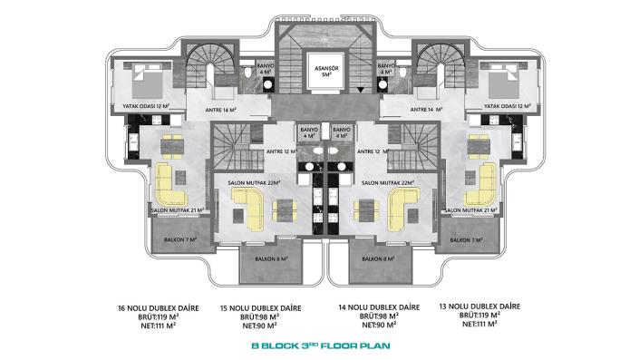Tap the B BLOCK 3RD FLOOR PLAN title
(x=318, y=345)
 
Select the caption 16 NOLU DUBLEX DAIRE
(x=159, y=307)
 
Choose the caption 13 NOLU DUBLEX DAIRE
(x=477, y=307)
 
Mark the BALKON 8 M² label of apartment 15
(x=265, y=259)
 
